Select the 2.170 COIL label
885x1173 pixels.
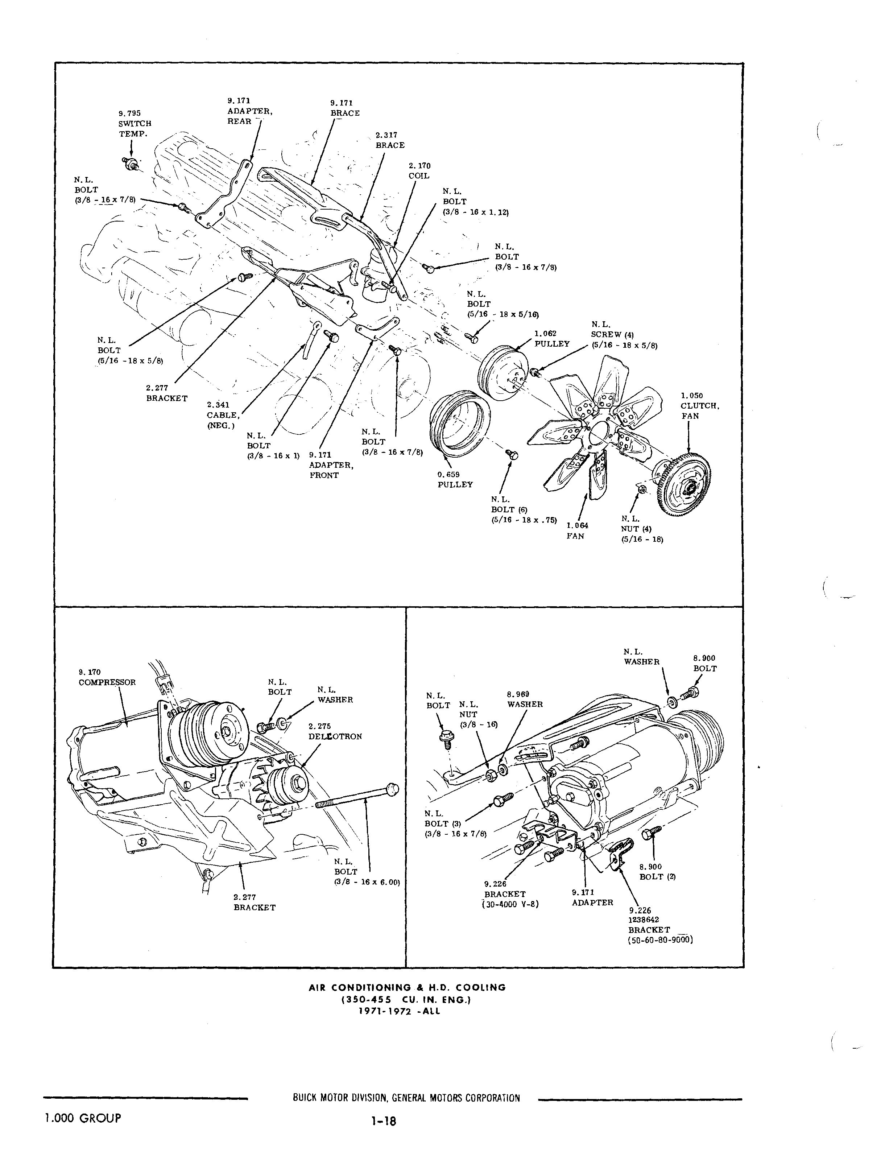pyautogui.click(x=419, y=171)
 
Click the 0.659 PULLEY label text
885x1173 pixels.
pyautogui.click(x=455, y=479)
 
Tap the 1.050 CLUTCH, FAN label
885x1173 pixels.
pyautogui.click(x=699, y=406)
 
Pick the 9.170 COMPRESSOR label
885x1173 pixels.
pyautogui.click(x=107, y=677)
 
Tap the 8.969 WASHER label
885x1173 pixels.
pyautogui.click(x=524, y=699)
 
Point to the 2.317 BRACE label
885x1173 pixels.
pyautogui.click(x=390, y=140)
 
